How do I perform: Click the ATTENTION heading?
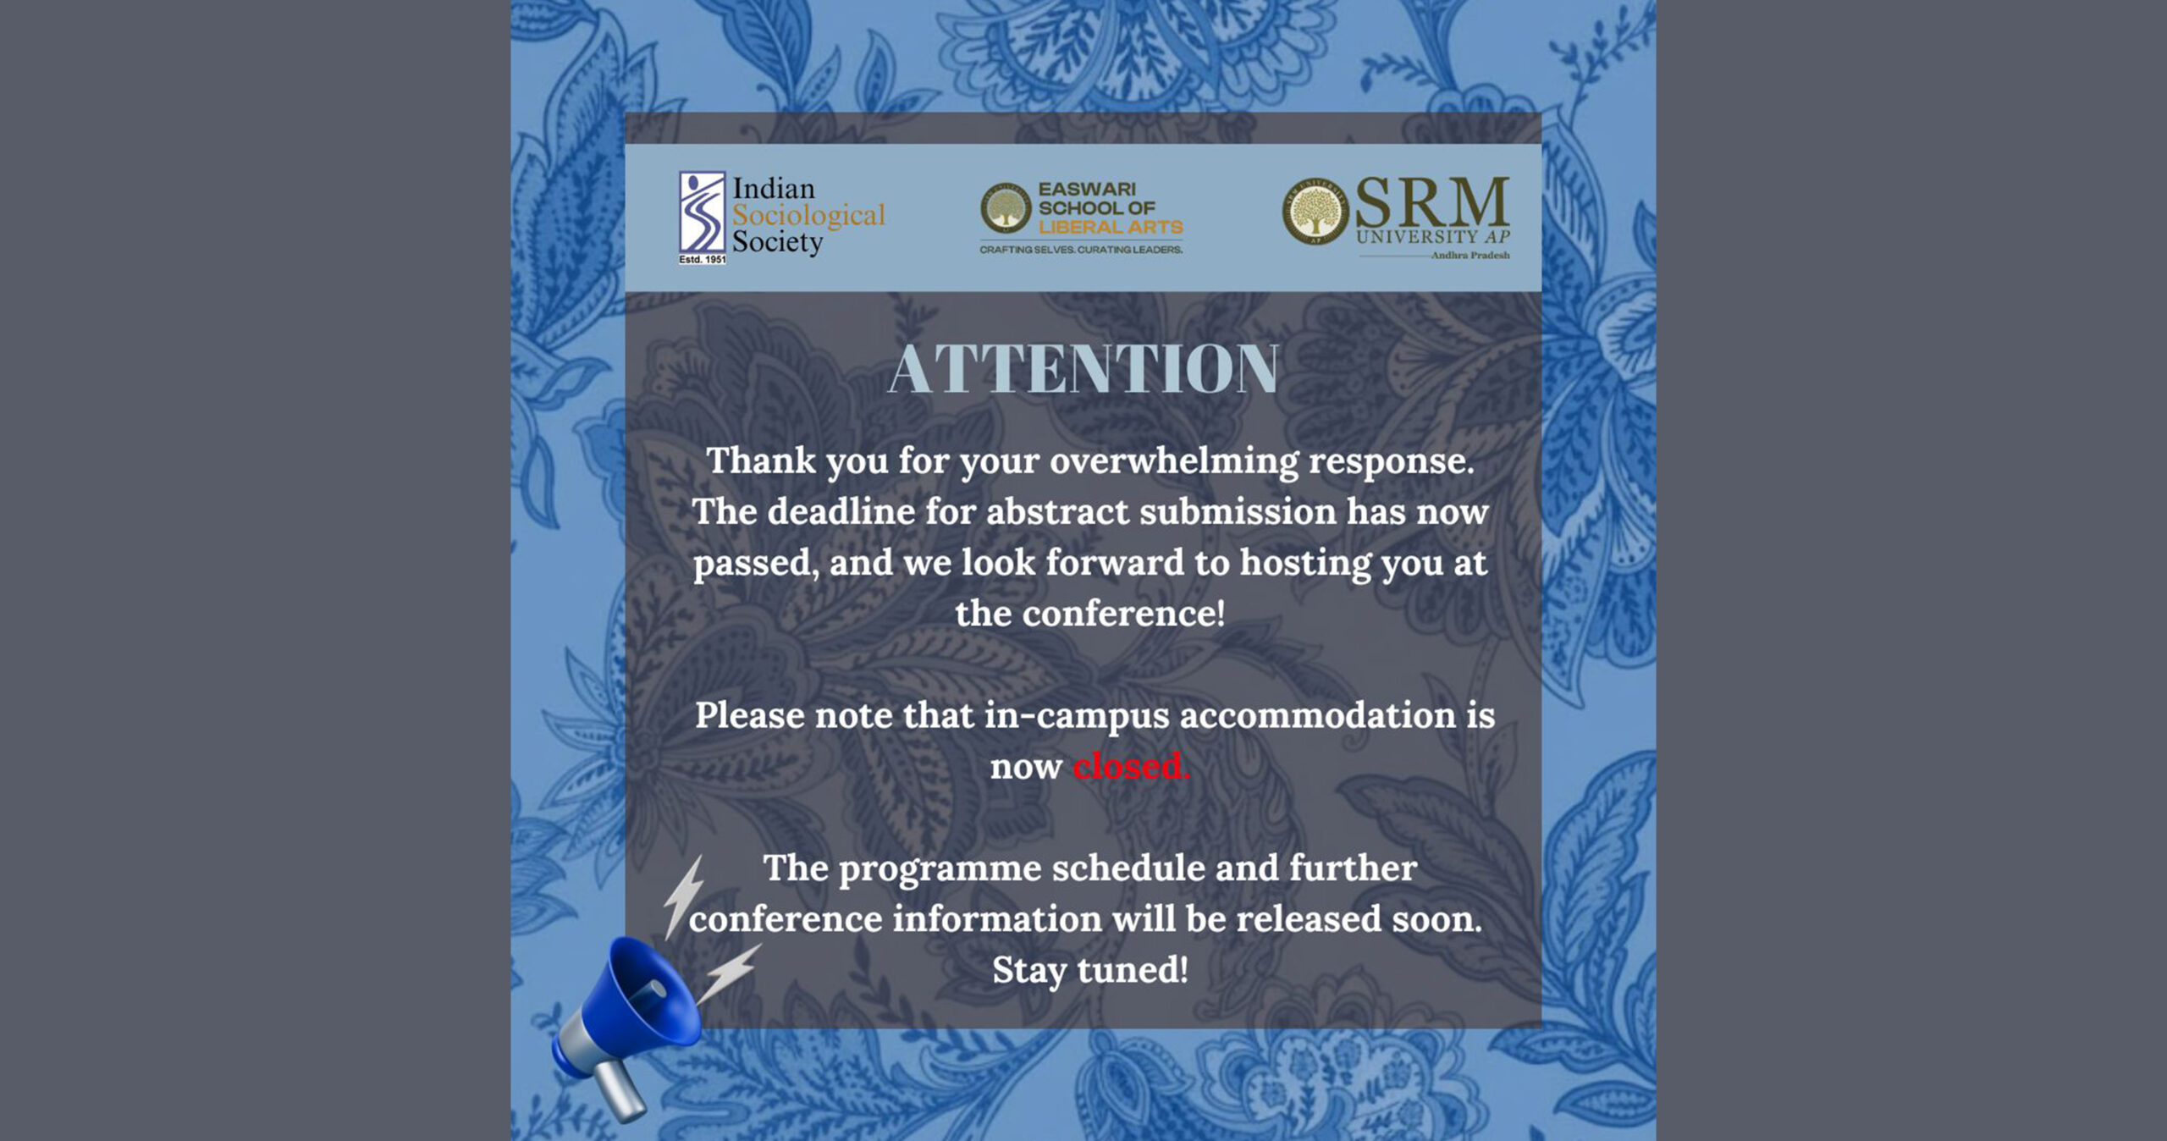coord(1083,369)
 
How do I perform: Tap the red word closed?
coord(1131,766)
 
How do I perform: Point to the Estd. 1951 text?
coord(702,259)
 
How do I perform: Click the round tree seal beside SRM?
coord(1315,212)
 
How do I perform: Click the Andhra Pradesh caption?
coord(1470,255)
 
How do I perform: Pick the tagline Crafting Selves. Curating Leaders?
coord(1081,250)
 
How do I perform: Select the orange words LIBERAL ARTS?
coord(1111,227)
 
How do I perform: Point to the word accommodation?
coord(1317,715)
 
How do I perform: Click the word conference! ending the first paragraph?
coord(1124,614)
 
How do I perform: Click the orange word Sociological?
coord(808,216)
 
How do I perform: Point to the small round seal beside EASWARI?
coord(1005,208)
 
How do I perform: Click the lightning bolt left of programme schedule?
coord(683,896)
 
